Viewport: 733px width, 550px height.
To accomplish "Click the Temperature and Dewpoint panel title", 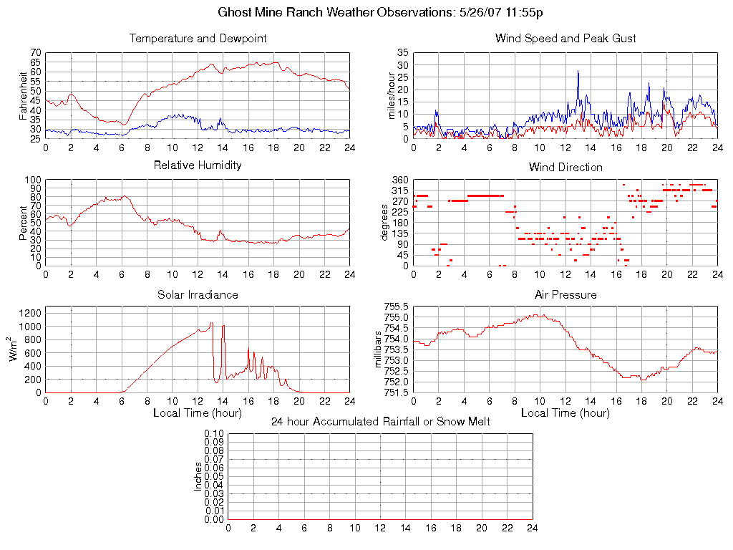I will pos(198,39).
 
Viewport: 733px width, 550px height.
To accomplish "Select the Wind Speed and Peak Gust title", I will pos(565,39).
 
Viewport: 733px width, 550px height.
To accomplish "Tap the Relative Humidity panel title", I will pos(198,165).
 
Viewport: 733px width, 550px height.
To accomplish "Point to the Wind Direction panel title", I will pos(565,168).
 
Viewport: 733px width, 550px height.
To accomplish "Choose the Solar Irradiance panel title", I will pos(198,295).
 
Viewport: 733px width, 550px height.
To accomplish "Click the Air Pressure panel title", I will pos(565,295).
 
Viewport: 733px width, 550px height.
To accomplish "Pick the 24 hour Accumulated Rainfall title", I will pos(380,422).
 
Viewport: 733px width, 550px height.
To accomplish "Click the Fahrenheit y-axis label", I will pos(23,95).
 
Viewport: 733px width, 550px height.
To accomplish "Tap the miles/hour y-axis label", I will pos(391,95).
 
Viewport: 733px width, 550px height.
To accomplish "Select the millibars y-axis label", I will pos(379,349).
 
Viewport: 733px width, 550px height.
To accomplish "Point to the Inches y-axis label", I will pos(198,476).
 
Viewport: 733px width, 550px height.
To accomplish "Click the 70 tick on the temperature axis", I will pos(36,53).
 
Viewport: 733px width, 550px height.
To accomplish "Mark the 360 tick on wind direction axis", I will pos(399,180).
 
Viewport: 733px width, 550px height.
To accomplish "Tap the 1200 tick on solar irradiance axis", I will pos(31,313).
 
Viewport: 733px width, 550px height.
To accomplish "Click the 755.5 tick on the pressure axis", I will pos(396,307).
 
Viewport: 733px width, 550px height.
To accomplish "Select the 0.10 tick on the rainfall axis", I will pos(214,433).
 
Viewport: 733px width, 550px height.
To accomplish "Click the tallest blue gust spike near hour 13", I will pos(578,72).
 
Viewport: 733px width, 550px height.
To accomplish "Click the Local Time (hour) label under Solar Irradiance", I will pos(198,413).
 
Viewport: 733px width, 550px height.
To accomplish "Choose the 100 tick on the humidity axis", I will pos(33,180).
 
